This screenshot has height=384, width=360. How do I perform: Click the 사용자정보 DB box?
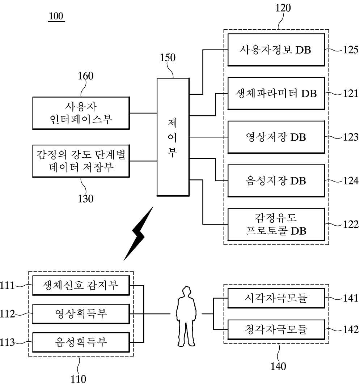click(276, 50)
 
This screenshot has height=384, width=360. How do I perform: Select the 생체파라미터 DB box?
click(276, 94)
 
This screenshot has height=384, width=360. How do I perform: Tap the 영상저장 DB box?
click(276, 137)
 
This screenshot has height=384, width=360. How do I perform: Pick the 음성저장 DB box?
click(276, 181)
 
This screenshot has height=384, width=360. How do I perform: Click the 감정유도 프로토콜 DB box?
click(276, 224)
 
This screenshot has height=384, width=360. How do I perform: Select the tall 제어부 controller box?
click(173, 137)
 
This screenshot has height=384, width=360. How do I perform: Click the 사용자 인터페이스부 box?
click(81, 113)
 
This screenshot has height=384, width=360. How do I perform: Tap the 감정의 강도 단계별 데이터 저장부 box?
click(81, 161)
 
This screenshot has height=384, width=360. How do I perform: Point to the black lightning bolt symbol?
click(139, 233)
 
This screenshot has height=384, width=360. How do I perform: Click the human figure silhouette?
click(186, 316)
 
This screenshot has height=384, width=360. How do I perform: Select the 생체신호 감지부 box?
click(81, 286)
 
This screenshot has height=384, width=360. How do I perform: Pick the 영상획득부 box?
click(81, 314)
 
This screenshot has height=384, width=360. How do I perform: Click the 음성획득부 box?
click(81, 342)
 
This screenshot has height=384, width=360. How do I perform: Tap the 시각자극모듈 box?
click(276, 298)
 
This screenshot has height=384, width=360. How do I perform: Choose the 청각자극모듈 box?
click(276, 329)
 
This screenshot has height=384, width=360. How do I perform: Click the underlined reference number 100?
click(56, 16)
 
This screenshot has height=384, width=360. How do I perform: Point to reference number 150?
click(168, 58)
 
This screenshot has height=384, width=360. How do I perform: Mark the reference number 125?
click(351, 50)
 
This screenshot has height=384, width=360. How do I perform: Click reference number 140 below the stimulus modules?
click(278, 366)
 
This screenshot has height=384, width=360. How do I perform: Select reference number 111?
click(7, 286)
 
